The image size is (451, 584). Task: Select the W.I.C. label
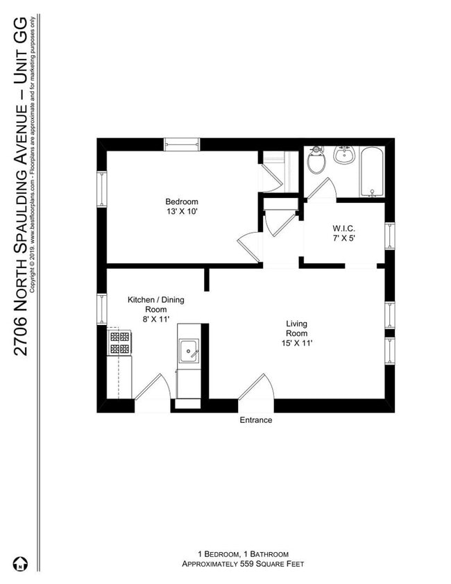pos(343,227)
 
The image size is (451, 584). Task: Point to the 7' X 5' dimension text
pos(343,237)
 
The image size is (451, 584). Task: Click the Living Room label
pos(296,328)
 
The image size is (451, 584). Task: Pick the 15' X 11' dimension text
pos(296,343)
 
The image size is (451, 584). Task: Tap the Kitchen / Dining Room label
pos(155,305)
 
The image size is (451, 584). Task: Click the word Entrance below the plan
pos(256,420)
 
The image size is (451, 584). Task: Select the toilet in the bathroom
pos(316,161)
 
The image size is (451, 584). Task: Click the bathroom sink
pos(344,156)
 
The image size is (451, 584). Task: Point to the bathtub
pos(372,172)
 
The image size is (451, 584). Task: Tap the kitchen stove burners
pos(119,342)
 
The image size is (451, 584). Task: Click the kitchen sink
pos(189,351)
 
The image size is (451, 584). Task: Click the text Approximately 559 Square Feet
pos(243,565)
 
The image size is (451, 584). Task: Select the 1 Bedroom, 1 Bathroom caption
pos(243,554)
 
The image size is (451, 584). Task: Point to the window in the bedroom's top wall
pos(182,144)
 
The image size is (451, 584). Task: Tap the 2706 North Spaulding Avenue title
pos(22,187)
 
